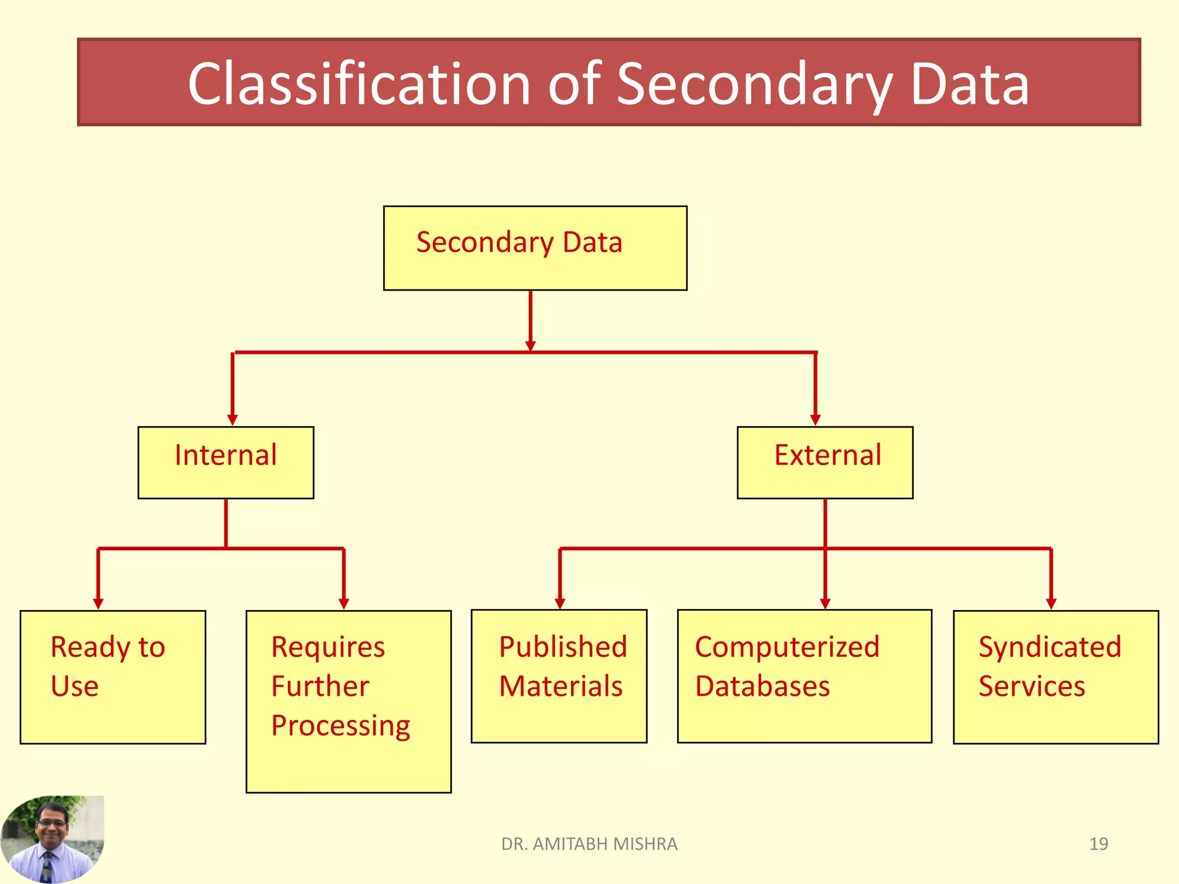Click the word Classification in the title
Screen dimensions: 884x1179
pos(358,85)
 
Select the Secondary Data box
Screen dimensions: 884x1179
pos(535,248)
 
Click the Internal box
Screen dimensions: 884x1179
pos(226,462)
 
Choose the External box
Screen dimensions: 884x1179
pos(825,462)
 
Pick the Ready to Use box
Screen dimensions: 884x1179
pos(113,677)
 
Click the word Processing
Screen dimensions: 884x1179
pos(340,725)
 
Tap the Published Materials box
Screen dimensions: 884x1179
pos(559,676)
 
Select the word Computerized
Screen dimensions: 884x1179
pos(787,647)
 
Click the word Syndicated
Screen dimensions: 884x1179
pos(1050,647)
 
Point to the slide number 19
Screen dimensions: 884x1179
pos(1098,844)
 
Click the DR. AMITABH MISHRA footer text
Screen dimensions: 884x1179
pos(589,844)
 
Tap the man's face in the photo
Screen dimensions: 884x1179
pos(52,824)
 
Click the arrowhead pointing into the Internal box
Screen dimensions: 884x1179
pos(233,420)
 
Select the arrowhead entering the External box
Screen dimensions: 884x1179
pos(815,420)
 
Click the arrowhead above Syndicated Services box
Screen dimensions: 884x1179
pos(1051,603)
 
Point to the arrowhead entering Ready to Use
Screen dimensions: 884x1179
pos(98,603)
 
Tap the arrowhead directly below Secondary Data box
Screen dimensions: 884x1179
pos(531,345)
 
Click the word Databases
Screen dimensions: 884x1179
pos(762,686)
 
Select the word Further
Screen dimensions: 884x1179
pos(320,686)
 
